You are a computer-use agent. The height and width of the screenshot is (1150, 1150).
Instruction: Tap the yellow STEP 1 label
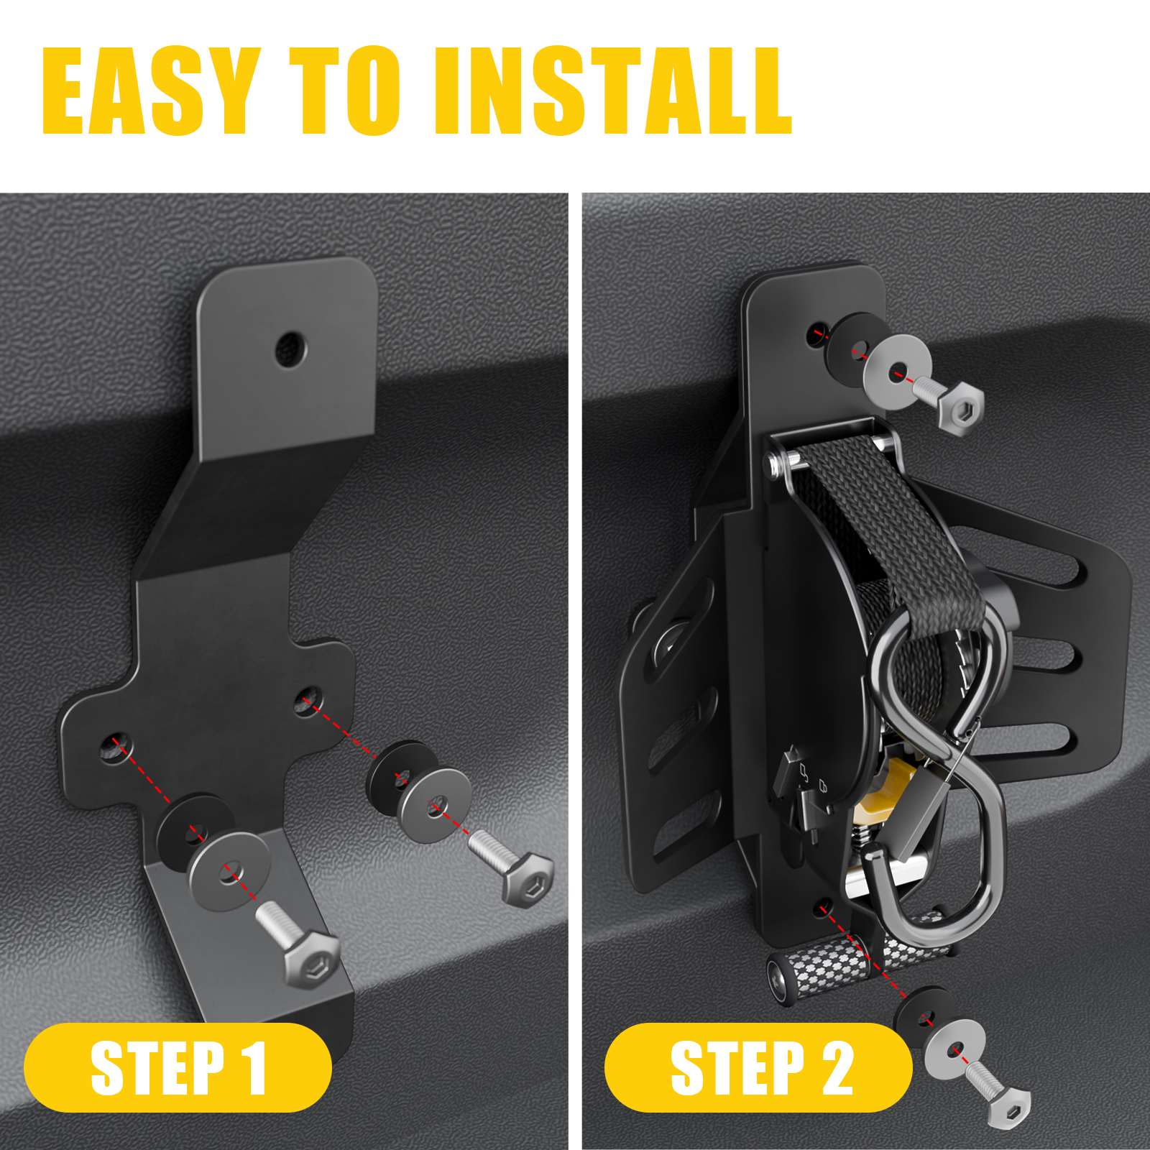178,1068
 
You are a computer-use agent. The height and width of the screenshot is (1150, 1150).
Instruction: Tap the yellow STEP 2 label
758,1068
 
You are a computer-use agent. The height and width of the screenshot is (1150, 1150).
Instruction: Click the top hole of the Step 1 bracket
290,349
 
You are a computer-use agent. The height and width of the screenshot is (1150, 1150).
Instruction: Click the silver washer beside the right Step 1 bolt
436,805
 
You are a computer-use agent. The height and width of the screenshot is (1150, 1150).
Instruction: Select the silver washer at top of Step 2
897,372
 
